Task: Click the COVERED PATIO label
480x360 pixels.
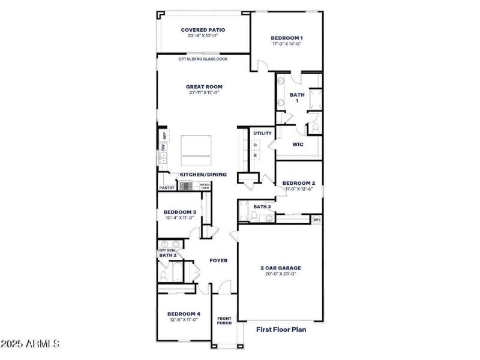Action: (x=204, y=29)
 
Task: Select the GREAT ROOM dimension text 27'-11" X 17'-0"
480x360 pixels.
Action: (x=204, y=93)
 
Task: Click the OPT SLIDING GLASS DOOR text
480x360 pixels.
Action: (x=203, y=59)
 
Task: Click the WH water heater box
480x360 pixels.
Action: (x=316, y=220)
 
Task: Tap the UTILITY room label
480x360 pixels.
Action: (x=262, y=133)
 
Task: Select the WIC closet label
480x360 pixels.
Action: (x=298, y=145)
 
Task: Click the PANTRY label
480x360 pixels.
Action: (x=167, y=188)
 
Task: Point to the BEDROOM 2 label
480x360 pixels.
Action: (x=298, y=183)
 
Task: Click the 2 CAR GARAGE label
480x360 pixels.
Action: (x=280, y=268)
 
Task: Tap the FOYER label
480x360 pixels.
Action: (x=217, y=261)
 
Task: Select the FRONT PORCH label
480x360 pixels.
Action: (x=224, y=320)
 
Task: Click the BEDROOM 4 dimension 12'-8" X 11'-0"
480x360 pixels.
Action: (x=183, y=320)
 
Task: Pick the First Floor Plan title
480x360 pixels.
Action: (x=281, y=329)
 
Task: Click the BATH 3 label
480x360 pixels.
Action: (x=262, y=207)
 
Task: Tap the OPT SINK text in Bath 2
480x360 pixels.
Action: (x=167, y=250)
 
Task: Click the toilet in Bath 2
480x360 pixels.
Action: (x=163, y=275)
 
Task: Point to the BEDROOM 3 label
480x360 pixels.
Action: (x=180, y=212)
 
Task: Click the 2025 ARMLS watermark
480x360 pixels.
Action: (x=30, y=344)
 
